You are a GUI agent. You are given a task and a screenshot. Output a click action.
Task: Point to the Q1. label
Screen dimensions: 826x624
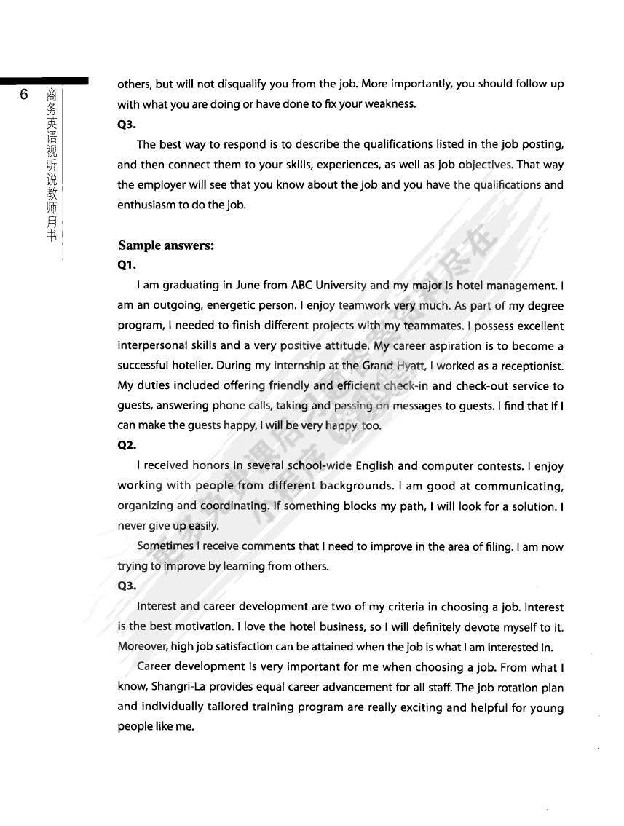(x=127, y=266)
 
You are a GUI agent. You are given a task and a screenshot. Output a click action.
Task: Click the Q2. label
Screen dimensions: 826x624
(x=127, y=446)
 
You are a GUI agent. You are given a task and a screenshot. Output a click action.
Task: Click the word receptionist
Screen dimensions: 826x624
(x=528, y=366)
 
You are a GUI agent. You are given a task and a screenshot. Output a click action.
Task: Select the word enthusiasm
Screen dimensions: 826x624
(x=149, y=205)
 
